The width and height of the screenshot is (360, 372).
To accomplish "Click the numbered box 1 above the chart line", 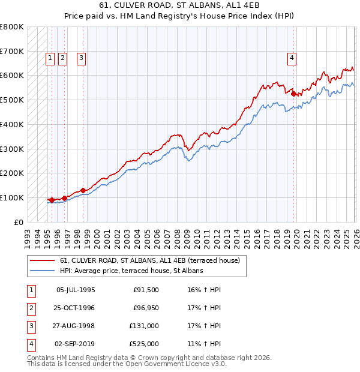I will (x=49, y=58).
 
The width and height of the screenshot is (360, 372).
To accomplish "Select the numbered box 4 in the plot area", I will (x=292, y=58).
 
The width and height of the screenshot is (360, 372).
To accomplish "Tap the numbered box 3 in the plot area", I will (x=81, y=58).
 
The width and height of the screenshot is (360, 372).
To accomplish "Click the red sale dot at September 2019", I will (x=293, y=94).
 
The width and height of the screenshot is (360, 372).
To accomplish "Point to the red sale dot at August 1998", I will (x=83, y=190).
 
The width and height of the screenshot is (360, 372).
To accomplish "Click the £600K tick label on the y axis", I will (x=12, y=76).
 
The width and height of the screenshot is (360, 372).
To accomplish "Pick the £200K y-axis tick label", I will (x=12, y=173).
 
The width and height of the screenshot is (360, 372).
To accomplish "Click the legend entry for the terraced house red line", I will (x=150, y=260).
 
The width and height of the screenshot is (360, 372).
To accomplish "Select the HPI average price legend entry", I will (x=131, y=271).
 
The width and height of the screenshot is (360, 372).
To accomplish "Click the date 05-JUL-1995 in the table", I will (x=76, y=290).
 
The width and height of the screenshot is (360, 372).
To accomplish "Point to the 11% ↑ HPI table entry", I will (x=200, y=344).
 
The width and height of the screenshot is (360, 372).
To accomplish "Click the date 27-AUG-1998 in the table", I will (x=76, y=326).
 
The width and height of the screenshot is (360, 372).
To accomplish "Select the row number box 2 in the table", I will (x=31, y=308).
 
